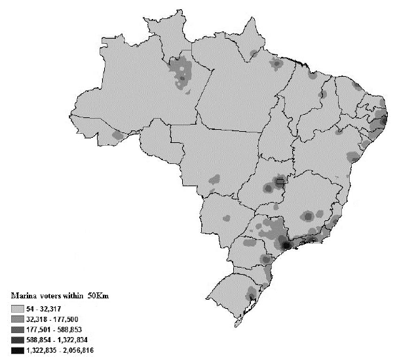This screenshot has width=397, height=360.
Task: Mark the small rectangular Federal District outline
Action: pyautogui.click(x=280, y=180)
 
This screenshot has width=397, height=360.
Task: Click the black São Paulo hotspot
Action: pyautogui.click(x=286, y=245)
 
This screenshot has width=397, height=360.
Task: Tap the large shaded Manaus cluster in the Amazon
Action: pyautogui.click(x=181, y=71)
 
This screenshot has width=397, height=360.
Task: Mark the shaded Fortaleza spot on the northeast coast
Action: pyautogui.click(x=356, y=86)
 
